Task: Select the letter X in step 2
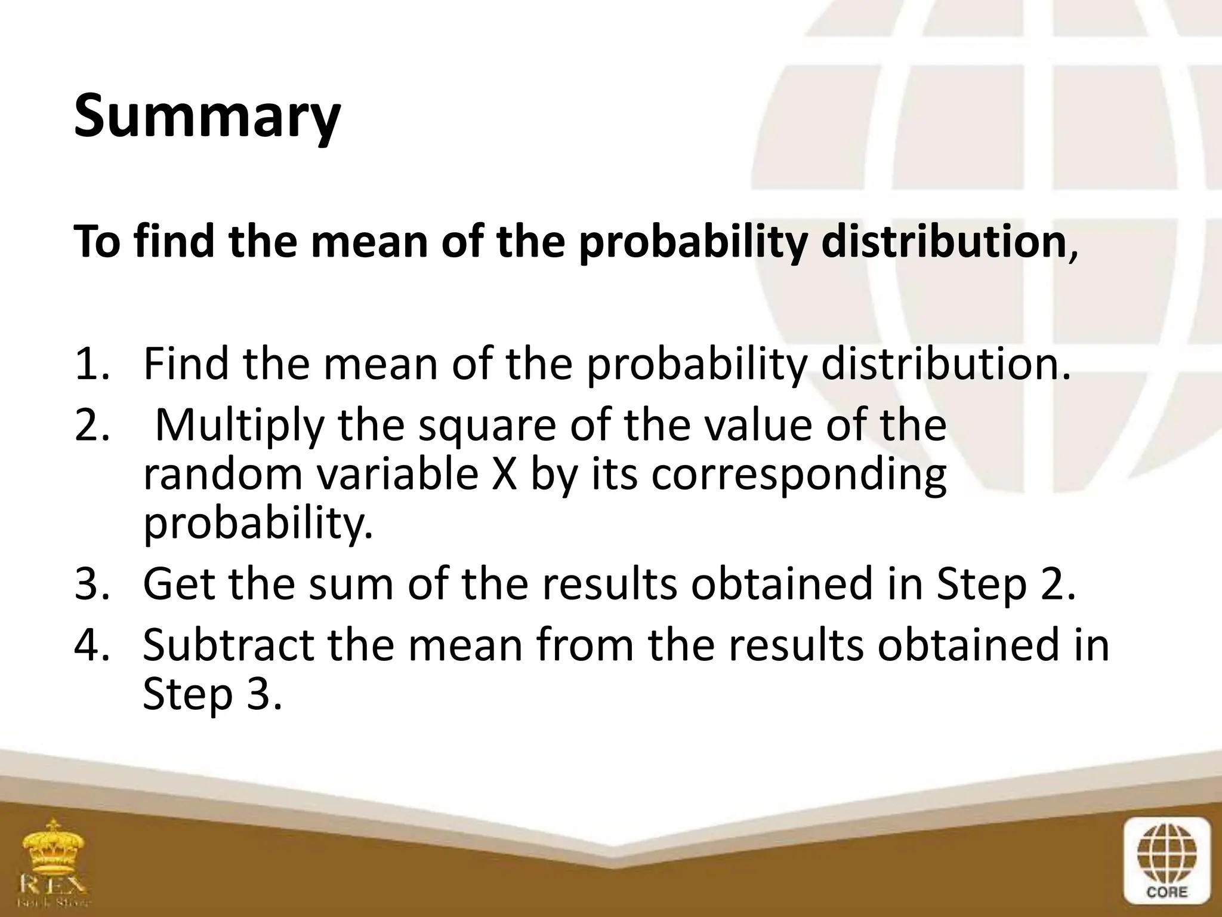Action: point(504,475)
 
